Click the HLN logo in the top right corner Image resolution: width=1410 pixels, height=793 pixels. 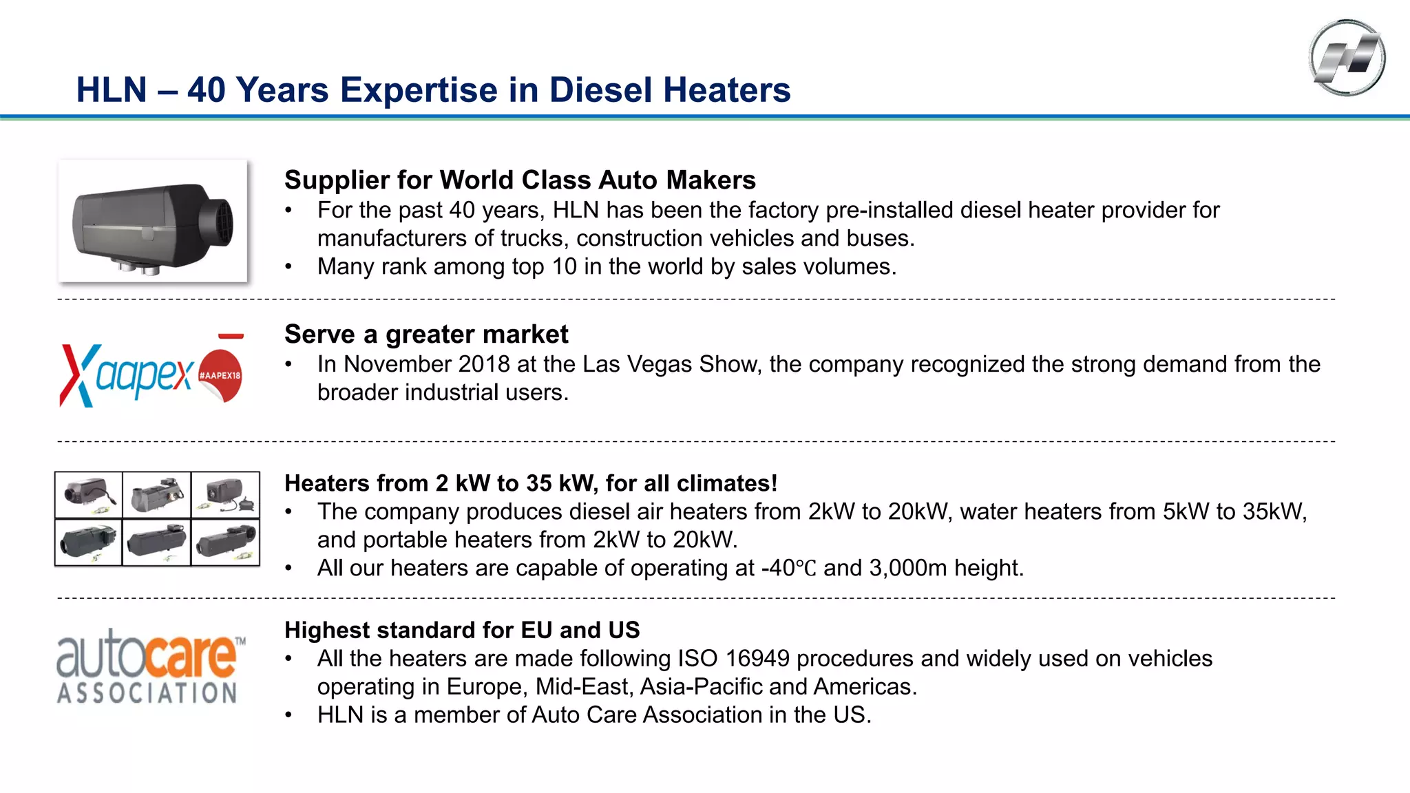[x=1347, y=58]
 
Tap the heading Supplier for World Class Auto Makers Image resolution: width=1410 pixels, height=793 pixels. [x=520, y=180]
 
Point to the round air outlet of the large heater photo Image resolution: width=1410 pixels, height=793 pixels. [x=218, y=222]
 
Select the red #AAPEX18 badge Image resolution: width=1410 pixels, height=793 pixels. [x=221, y=375]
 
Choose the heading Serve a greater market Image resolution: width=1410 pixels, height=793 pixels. [x=426, y=335]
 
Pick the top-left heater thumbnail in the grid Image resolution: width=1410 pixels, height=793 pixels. [x=89, y=494]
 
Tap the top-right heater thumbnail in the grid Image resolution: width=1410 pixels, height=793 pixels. [x=225, y=494]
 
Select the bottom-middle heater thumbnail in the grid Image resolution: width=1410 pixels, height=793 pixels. [x=156, y=542]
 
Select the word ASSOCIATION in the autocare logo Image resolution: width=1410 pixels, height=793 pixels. [x=147, y=692]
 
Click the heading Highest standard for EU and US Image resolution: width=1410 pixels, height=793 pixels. [x=462, y=631]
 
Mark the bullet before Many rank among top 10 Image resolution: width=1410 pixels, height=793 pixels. [x=289, y=267]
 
